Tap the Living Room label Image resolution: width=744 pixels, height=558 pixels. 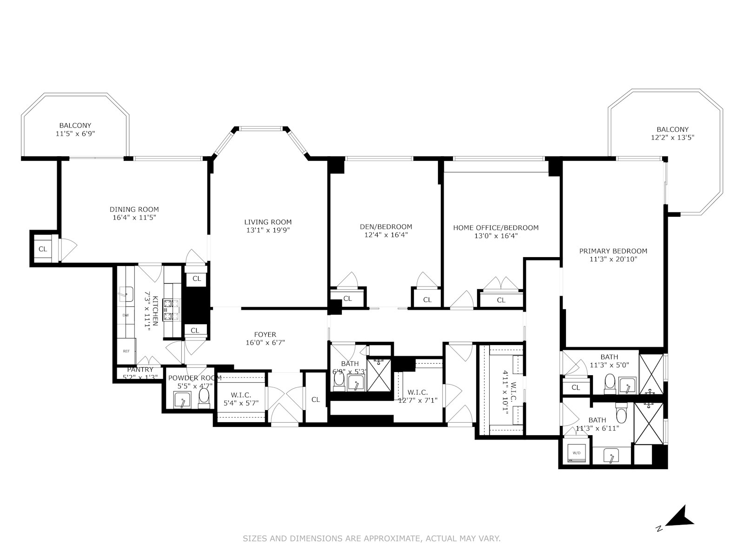coord(268,222)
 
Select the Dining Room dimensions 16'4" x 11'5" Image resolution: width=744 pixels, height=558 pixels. coord(134,217)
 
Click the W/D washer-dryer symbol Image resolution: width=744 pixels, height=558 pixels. coord(577,452)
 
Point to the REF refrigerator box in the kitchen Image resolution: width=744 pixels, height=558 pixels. coord(126,351)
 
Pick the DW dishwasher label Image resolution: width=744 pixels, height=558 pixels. coord(126,315)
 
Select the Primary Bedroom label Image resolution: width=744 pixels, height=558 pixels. coord(613,251)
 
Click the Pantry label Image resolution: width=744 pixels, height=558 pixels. coord(140,370)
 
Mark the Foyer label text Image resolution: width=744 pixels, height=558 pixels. coord(265,334)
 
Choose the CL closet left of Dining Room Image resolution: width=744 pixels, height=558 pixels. coord(43,249)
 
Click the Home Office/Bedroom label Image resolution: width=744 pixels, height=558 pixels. coord(496,227)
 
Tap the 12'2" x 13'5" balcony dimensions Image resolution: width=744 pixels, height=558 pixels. coord(672,138)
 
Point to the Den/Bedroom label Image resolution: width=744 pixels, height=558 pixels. coord(386,227)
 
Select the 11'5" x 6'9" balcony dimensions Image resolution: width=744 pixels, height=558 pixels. coord(75,133)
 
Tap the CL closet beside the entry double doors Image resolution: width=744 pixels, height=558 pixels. coord(316,399)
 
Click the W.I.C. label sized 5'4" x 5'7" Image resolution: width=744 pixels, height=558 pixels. coord(240,395)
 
